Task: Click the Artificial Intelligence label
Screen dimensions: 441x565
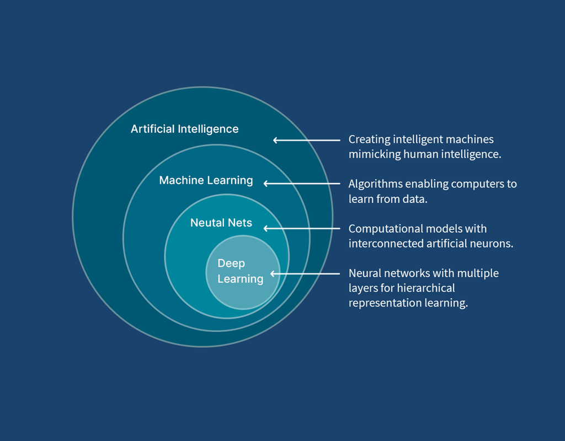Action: pyautogui.click(x=184, y=129)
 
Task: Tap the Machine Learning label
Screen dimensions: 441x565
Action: pyautogui.click(x=206, y=180)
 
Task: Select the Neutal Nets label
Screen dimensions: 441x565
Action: pyautogui.click(x=221, y=223)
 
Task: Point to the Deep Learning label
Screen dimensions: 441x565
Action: pyautogui.click(x=240, y=271)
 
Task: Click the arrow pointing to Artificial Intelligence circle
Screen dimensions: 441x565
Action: pyautogui.click(x=307, y=140)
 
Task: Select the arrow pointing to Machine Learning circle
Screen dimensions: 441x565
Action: pyautogui.click(x=302, y=184)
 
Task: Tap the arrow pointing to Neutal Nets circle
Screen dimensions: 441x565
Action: pyautogui.click(x=302, y=228)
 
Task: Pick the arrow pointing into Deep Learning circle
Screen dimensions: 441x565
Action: pyautogui.click(x=305, y=273)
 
